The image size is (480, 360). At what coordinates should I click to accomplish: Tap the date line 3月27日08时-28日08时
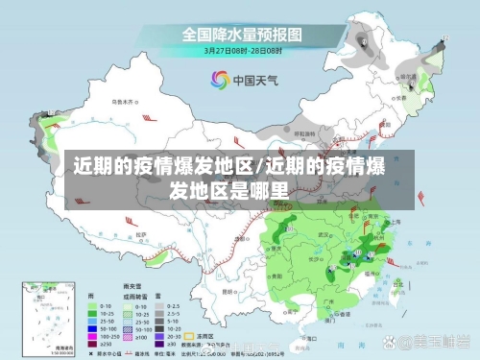241,50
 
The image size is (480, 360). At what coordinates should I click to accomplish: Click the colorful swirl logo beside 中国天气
217,81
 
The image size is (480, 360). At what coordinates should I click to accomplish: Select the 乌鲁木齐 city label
123,101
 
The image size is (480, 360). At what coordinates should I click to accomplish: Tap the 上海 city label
391,221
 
